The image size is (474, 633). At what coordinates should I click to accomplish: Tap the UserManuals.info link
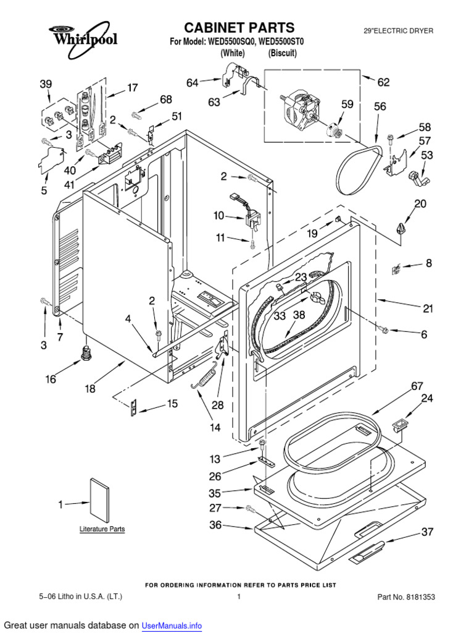point(172,626)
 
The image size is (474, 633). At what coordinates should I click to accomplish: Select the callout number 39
point(46,84)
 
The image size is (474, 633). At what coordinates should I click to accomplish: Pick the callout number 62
point(383,81)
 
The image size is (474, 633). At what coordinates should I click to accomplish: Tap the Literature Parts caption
point(102,529)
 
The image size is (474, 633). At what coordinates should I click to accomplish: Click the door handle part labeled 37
point(368,551)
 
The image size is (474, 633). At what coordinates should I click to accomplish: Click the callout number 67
point(418,386)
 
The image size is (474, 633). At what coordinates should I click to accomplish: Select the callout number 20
point(420,204)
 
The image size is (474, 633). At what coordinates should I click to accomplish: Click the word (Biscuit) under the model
point(283,54)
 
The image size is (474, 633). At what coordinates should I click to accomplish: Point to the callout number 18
point(90,389)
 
